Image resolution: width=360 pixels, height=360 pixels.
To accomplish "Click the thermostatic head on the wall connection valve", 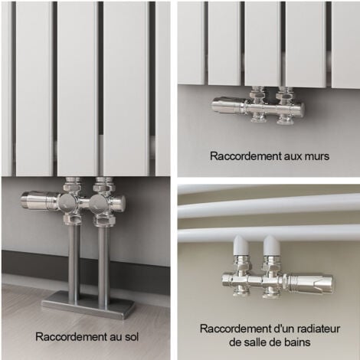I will click(227, 107).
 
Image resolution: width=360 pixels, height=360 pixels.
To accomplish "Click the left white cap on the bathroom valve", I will click(239, 247).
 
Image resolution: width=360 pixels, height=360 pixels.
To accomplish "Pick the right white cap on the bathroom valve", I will click(270, 247).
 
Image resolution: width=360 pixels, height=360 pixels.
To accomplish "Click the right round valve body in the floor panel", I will click(103, 203).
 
